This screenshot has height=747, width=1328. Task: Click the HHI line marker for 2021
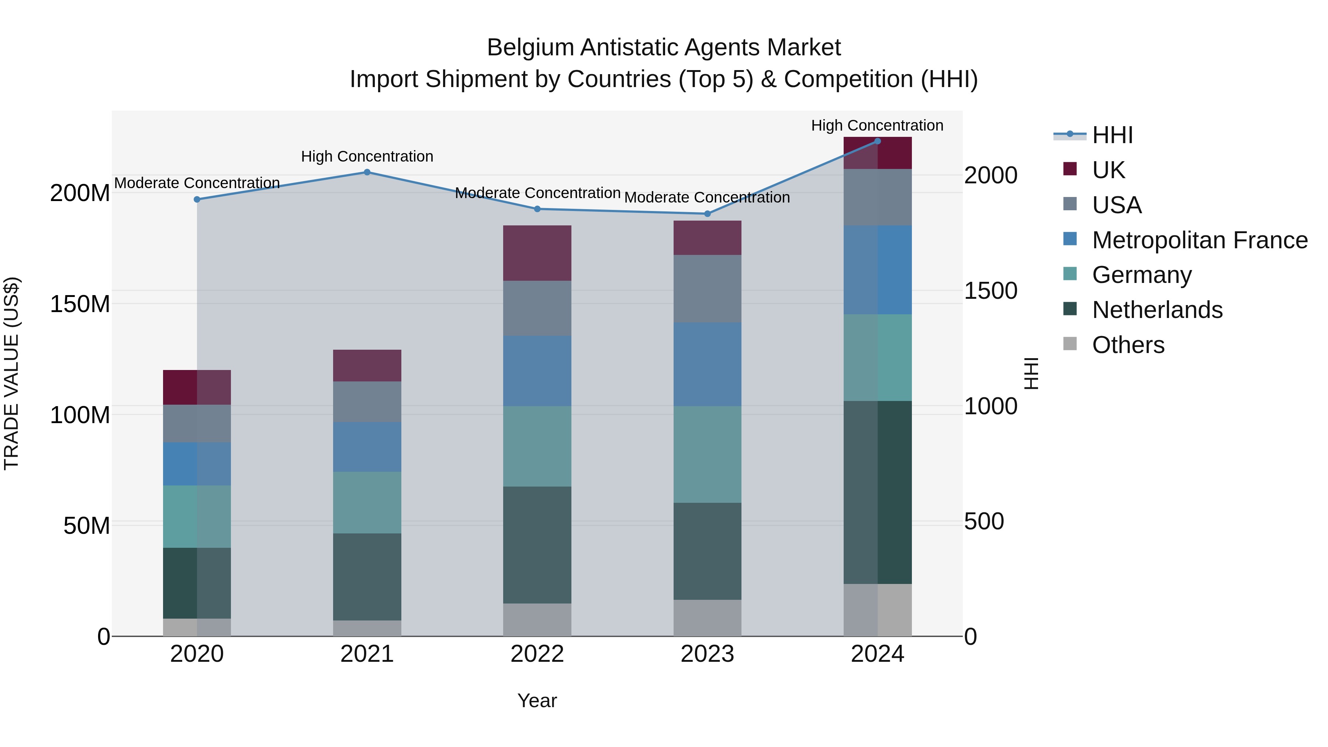coord(367,172)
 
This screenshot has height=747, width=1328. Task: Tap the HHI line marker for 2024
coord(878,141)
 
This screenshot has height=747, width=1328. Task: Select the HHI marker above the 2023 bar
coord(707,214)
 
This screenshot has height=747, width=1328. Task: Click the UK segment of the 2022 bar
coord(537,253)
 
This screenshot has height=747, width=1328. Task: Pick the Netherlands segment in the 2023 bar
coord(707,551)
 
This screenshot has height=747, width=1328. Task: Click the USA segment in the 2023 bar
coord(707,289)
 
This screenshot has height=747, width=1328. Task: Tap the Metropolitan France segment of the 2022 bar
coord(537,371)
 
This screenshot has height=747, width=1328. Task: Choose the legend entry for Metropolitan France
coord(1199,240)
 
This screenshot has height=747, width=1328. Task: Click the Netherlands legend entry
coord(1157,310)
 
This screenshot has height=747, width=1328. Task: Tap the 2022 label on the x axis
coord(537,654)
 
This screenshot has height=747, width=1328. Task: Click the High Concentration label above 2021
coord(367,156)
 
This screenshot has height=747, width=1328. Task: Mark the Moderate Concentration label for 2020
coord(197,183)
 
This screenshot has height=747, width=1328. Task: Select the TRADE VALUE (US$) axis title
coord(11,373)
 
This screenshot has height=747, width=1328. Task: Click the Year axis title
coord(537,701)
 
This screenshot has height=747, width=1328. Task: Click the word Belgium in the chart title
coord(530,48)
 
